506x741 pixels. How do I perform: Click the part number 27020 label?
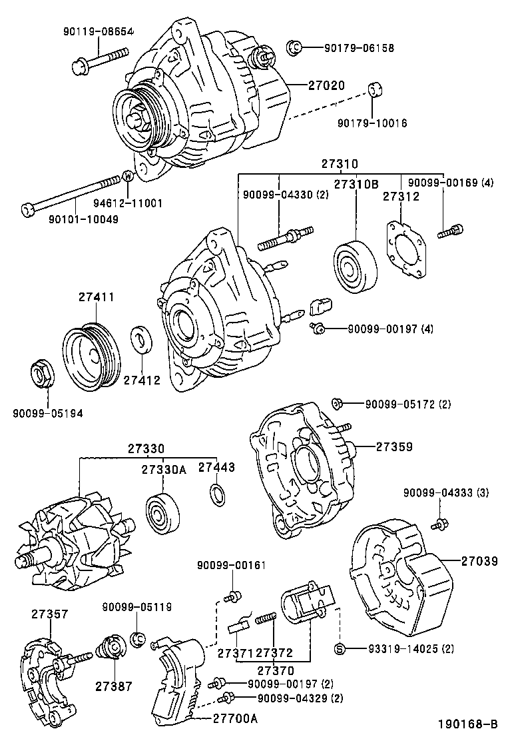point(326,85)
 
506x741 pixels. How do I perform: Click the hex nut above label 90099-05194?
point(43,374)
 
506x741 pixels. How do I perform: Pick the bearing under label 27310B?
point(356,269)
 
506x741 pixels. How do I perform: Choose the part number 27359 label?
point(393,446)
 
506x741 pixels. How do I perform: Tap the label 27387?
point(113,686)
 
